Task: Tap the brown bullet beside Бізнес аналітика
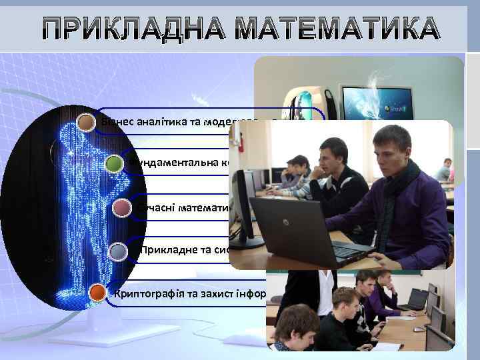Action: click(87, 122)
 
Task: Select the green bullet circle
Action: click(115, 163)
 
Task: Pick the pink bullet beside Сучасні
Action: click(122, 209)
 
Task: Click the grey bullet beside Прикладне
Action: click(118, 251)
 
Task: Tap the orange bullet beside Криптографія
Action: click(97, 293)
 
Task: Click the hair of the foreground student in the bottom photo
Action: click(297, 317)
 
